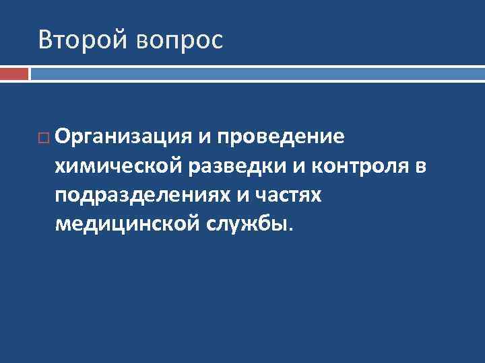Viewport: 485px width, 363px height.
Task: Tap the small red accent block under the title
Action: (14, 73)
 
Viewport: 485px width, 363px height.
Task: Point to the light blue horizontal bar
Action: (257, 68)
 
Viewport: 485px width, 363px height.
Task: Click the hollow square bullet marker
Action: (43, 138)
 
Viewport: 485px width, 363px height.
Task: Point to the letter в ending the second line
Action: (420, 166)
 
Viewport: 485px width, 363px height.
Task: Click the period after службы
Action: (291, 227)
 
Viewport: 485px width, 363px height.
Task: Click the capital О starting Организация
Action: (63, 137)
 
